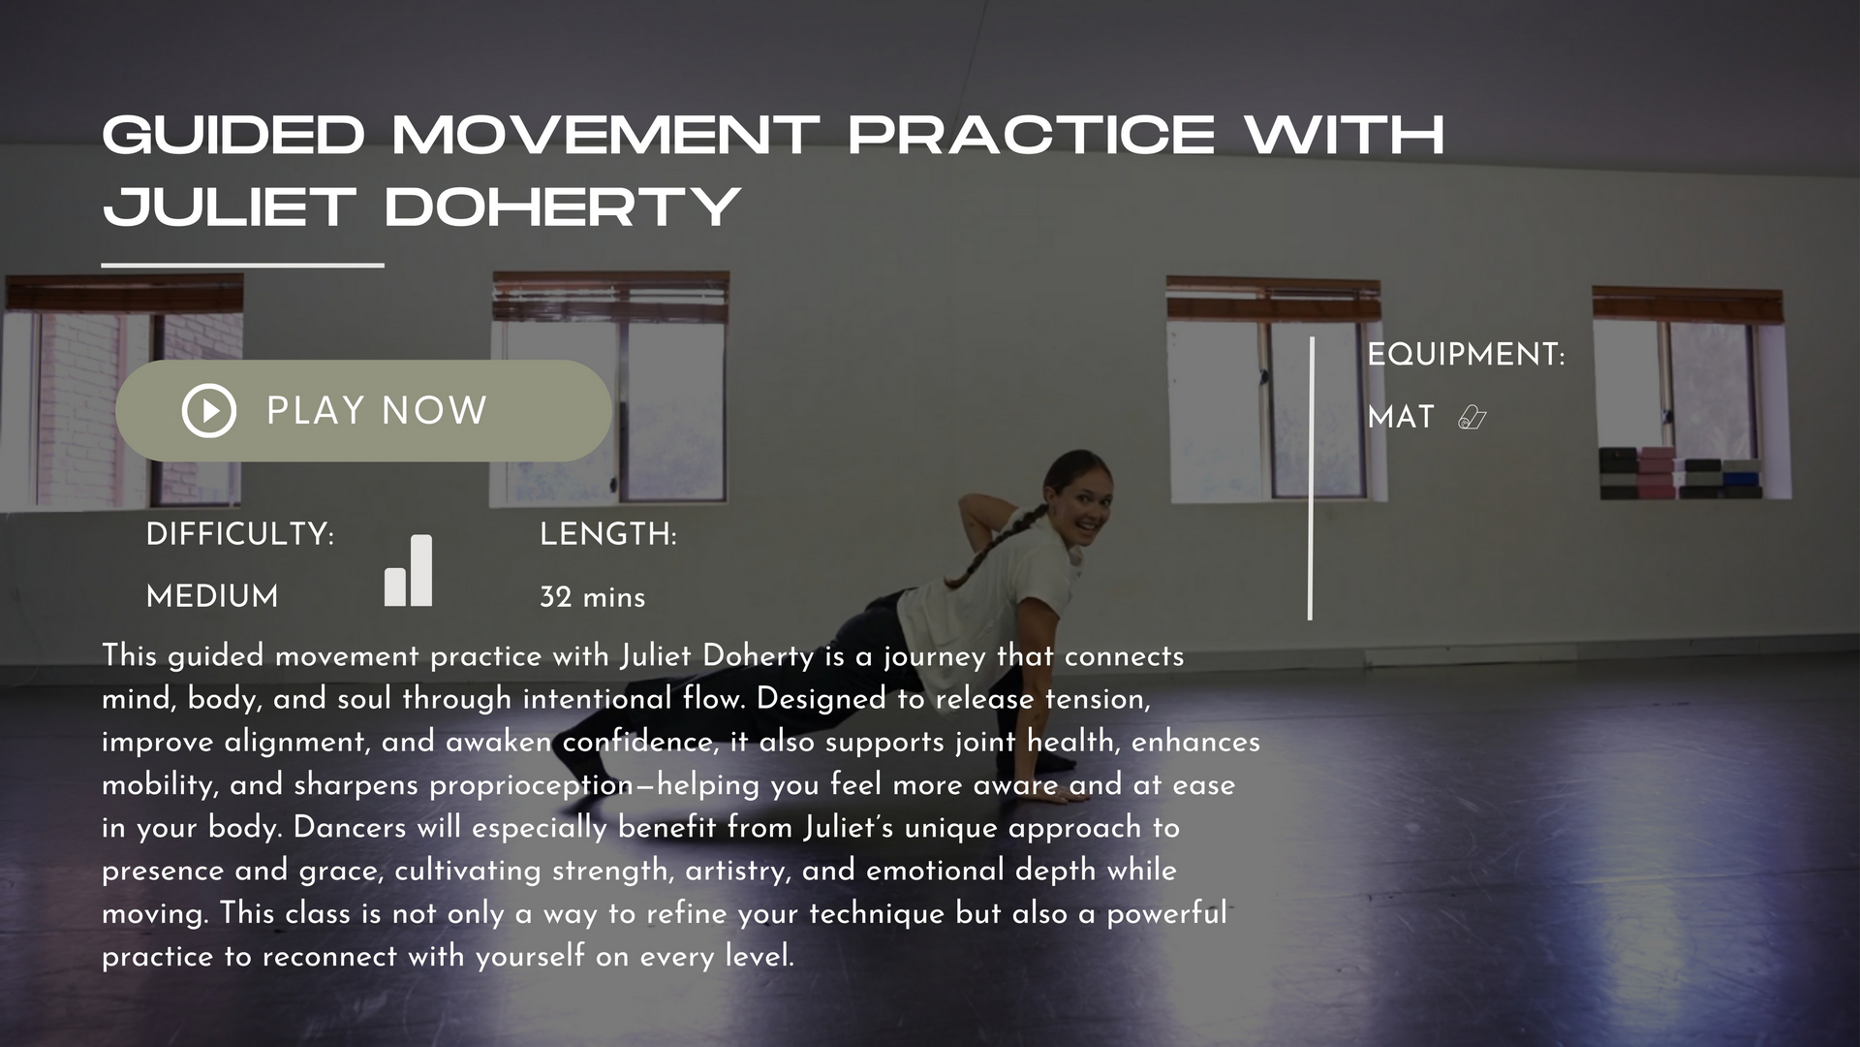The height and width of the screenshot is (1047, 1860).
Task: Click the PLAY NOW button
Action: click(x=363, y=411)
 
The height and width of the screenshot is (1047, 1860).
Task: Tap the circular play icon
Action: click(x=209, y=411)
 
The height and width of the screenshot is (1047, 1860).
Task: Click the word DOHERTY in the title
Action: click(x=563, y=206)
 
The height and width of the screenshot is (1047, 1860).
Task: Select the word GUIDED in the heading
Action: click(x=233, y=134)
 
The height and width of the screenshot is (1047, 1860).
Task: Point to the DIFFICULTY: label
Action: click(x=240, y=534)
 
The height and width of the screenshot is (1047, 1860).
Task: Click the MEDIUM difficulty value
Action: click(x=212, y=596)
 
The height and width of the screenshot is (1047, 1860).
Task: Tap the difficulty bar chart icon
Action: click(x=409, y=570)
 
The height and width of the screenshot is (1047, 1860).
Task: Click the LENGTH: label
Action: click(x=608, y=534)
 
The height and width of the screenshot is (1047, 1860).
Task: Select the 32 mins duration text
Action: click(x=593, y=597)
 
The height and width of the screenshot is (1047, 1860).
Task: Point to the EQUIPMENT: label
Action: click(x=1467, y=355)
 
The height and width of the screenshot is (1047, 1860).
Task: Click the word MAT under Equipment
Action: click(x=1401, y=417)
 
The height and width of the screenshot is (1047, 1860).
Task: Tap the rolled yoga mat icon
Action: click(x=1472, y=418)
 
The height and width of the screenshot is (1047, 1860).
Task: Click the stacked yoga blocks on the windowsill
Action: click(x=1680, y=473)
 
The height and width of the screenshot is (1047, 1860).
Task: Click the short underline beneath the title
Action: click(x=243, y=264)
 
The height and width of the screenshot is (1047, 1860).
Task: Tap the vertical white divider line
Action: click(x=1311, y=478)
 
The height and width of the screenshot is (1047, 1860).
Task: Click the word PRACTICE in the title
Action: click(x=1032, y=134)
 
